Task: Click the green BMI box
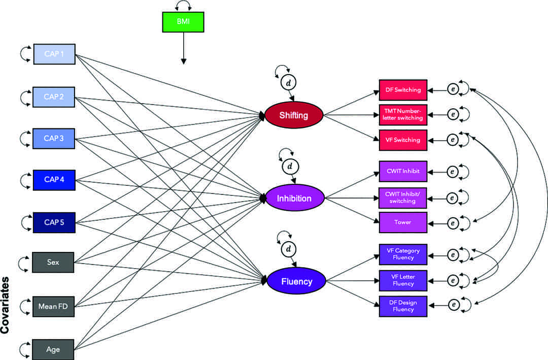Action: (x=183, y=22)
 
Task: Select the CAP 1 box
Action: (x=54, y=54)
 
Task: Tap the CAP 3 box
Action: (x=54, y=139)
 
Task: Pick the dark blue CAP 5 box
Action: (x=54, y=222)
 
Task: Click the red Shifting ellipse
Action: (x=294, y=115)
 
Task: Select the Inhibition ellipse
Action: (x=294, y=198)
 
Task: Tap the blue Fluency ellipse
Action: (x=297, y=281)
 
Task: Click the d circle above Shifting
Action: (x=289, y=82)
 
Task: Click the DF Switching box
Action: (x=403, y=90)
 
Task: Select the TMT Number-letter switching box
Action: (x=403, y=115)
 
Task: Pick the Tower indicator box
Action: (x=403, y=222)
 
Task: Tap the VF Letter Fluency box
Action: (x=403, y=280)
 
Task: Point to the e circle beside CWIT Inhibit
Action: (x=452, y=172)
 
